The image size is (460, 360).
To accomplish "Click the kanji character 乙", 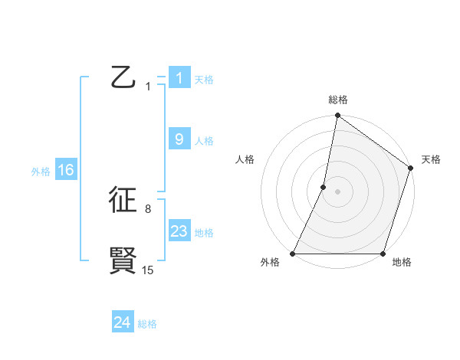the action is (123, 78).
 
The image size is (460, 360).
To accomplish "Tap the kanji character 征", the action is (123, 200).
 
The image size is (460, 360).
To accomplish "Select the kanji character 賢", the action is (123, 260).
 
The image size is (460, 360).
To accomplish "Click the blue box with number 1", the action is (179, 78).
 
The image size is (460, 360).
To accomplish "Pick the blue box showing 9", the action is (179, 139).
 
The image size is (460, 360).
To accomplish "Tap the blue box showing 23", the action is (179, 231).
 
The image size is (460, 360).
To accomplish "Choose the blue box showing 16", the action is (65, 170).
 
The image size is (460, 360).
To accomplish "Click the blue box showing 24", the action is (123, 322).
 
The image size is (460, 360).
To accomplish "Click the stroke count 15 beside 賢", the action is (147, 270).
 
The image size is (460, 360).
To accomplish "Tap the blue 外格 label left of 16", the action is (41, 172).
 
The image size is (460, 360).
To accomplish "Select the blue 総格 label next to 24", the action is (147, 324).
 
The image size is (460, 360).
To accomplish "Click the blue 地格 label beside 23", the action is (204, 233).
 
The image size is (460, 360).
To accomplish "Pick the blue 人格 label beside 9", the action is (204, 141).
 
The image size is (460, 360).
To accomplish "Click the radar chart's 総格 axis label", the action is (337, 100).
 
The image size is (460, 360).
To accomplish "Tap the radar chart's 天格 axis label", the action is (431, 159).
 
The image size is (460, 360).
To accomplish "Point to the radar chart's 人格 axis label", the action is (245, 159).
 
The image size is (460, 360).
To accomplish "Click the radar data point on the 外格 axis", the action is (293, 254).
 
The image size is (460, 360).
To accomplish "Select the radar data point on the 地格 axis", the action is (383, 254).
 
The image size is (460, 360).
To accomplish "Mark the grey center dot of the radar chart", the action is (337, 191).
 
